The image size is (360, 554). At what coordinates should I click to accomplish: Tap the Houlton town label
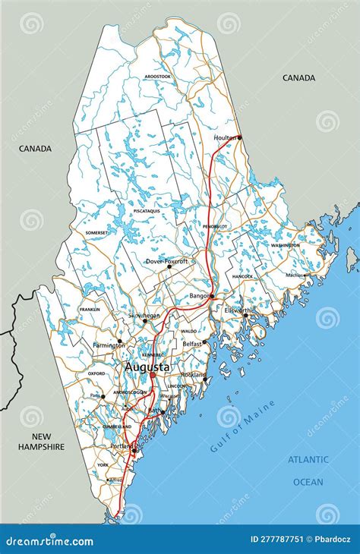(225, 137)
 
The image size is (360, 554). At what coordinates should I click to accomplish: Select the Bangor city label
(200, 295)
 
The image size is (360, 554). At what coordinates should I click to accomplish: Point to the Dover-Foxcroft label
(166, 261)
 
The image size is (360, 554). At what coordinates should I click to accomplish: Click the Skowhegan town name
(144, 315)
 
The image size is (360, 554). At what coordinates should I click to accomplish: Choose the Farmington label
(109, 345)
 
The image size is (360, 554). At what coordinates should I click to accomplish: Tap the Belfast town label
(191, 344)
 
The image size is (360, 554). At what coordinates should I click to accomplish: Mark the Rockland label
(193, 375)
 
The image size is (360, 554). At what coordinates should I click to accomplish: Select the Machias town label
(295, 275)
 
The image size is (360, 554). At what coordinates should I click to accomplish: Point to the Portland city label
(122, 445)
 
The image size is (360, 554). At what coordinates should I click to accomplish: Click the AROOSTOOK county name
(158, 77)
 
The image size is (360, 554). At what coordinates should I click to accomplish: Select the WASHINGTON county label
(285, 245)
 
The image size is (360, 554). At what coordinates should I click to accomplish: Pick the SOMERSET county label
(96, 233)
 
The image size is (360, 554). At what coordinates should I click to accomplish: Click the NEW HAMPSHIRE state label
(42, 442)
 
